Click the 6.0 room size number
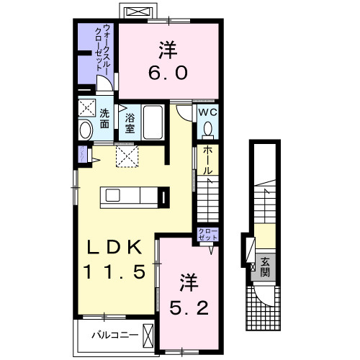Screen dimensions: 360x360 click(x=168, y=73)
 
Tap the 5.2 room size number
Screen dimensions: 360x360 click(x=189, y=308)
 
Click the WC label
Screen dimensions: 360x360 click(x=207, y=113)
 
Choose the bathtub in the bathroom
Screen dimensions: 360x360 click(x=153, y=122)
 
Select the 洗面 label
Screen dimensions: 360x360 click(x=104, y=119)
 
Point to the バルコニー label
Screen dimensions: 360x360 click(x=112, y=335)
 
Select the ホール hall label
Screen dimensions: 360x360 click(x=207, y=161)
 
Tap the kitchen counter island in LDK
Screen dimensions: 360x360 click(x=129, y=196)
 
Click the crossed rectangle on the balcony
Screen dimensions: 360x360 click(x=149, y=336)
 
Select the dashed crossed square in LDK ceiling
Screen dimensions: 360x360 click(x=127, y=156)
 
